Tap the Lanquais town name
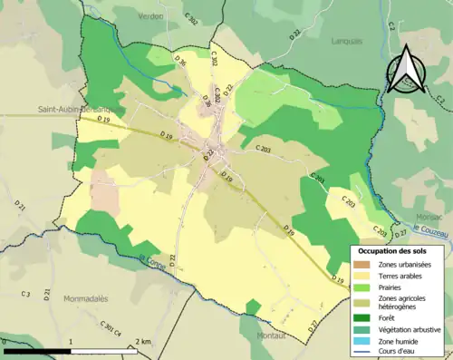pyautogui.click(x=337, y=40)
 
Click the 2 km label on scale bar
pyautogui.click(x=143, y=341)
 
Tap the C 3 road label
pyautogui.click(x=25, y=295)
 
